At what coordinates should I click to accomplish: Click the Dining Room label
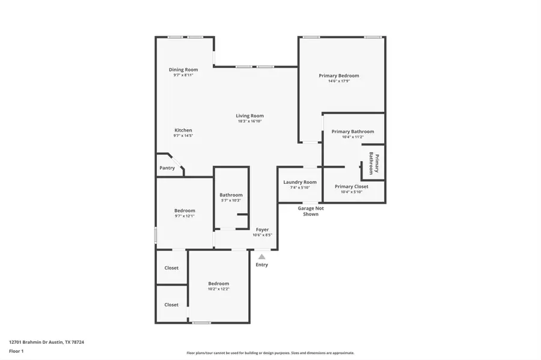click(183, 70)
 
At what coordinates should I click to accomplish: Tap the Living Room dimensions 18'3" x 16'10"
click(249, 121)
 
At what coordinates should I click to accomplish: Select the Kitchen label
click(183, 130)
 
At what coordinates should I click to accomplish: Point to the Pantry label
click(167, 168)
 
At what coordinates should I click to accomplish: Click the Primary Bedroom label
click(339, 76)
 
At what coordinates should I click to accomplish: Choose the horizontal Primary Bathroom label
click(353, 132)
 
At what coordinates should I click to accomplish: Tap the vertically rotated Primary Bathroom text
click(373, 163)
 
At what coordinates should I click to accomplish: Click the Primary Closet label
click(352, 186)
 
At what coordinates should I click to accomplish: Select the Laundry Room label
click(300, 182)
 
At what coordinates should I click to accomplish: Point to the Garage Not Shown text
click(311, 211)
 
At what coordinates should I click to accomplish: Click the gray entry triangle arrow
click(261, 257)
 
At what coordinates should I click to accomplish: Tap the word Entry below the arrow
click(262, 264)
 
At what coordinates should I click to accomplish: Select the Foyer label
click(263, 230)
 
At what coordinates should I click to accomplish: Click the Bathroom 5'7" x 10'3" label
click(231, 195)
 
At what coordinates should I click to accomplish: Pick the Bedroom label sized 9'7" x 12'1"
click(185, 210)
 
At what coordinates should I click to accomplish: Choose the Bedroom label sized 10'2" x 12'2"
click(219, 284)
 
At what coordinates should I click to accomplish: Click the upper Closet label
click(171, 267)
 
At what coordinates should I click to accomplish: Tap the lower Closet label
click(171, 305)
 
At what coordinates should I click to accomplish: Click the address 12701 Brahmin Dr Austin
click(46, 342)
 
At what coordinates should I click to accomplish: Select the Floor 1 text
click(16, 351)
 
